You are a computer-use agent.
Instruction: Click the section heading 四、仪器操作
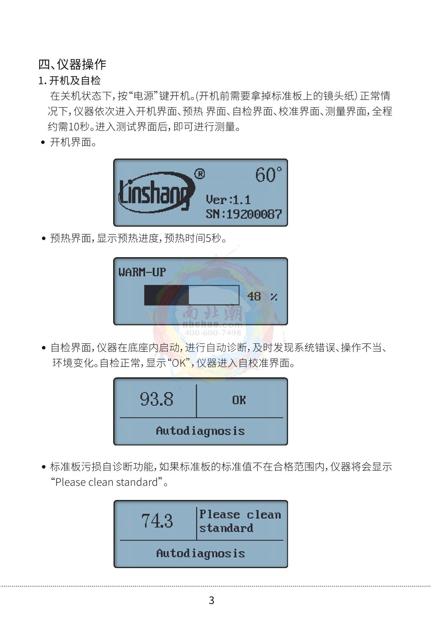[x=72, y=64]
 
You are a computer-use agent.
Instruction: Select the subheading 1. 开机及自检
[x=69, y=80]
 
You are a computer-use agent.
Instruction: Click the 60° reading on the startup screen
[x=268, y=175]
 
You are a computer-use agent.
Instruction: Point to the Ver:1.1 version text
[x=228, y=200]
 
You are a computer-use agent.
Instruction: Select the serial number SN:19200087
[x=244, y=214]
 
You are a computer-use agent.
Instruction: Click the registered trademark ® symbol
[x=200, y=174]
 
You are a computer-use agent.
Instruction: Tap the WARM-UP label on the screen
[x=142, y=272]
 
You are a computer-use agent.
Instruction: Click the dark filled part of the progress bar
[x=167, y=295]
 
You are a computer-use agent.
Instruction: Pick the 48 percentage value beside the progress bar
[x=254, y=296]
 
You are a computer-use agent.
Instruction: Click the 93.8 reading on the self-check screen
[x=157, y=399]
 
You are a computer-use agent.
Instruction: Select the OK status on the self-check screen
[x=239, y=400]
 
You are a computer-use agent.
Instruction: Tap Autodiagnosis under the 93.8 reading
[x=200, y=431]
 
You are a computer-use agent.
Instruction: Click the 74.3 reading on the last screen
[x=157, y=521]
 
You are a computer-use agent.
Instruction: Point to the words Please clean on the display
[x=240, y=515]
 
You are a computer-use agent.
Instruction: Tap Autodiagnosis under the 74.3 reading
[x=200, y=553]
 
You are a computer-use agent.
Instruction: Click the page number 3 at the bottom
[x=212, y=600]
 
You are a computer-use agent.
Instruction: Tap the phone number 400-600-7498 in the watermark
[x=213, y=332]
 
